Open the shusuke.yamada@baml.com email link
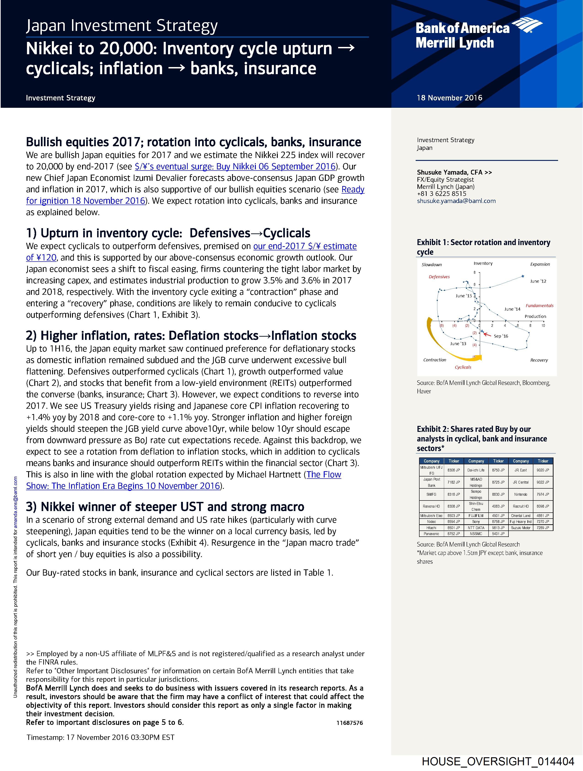[456, 201]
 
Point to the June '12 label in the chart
[538, 281]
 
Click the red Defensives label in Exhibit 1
[439, 277]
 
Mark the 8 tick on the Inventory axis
[474, 273]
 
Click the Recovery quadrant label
[539, 360]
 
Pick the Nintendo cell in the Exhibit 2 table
[521, 494]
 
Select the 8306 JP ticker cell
[453, 470]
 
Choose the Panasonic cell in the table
[431, 534]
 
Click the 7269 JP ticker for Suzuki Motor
[543, 528]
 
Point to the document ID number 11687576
[349, 723]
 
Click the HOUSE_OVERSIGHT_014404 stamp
[498, 761]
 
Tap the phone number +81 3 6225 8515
[442, 194]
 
